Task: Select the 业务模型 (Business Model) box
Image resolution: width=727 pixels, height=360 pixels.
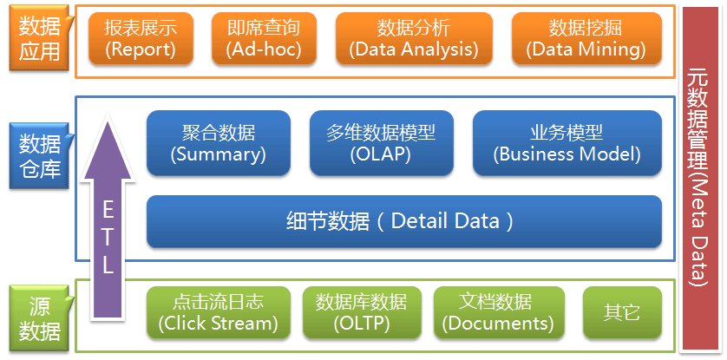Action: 567,143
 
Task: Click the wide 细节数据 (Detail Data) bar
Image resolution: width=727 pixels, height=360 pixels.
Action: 403,220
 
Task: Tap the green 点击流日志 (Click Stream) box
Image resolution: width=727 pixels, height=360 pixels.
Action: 218,313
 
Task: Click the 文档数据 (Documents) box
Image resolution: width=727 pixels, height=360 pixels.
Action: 498,313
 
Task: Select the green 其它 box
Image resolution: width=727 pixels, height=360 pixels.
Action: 621,313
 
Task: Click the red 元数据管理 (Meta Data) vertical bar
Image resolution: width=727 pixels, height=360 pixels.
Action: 703,178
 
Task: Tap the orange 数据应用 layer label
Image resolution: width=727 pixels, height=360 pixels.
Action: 39,39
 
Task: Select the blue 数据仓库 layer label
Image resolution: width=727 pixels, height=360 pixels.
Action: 39,154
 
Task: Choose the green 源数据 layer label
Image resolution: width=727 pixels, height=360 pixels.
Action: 39,318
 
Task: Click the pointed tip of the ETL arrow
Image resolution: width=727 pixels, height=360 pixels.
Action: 107,121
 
